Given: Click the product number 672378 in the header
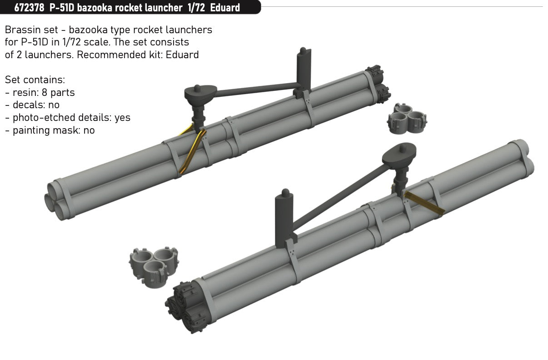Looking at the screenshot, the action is [x=29, y=8].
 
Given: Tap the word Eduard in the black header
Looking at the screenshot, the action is [x=225, y=8].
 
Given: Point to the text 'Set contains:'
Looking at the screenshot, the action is [x=35, y=80].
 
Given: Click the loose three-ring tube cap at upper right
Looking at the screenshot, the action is [x=407, y=119].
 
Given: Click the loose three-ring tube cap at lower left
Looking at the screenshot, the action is [x=154, y=267].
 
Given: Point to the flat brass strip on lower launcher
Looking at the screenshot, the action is [x=423, y=203].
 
